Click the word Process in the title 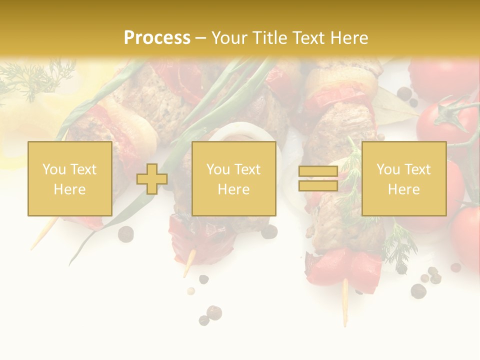click(x=157, y=38)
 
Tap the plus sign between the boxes click(x=152, y=179)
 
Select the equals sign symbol click(x=318, y=179)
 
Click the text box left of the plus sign click(x=70, y=179)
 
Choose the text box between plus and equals click(x=233, y=179)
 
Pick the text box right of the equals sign click(x=404, y=179)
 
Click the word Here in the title click(x=349, y=38)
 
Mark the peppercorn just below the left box click(x=125, y=233)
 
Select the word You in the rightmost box click(x=388, y=169)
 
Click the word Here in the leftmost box click(x=69, y=189)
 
